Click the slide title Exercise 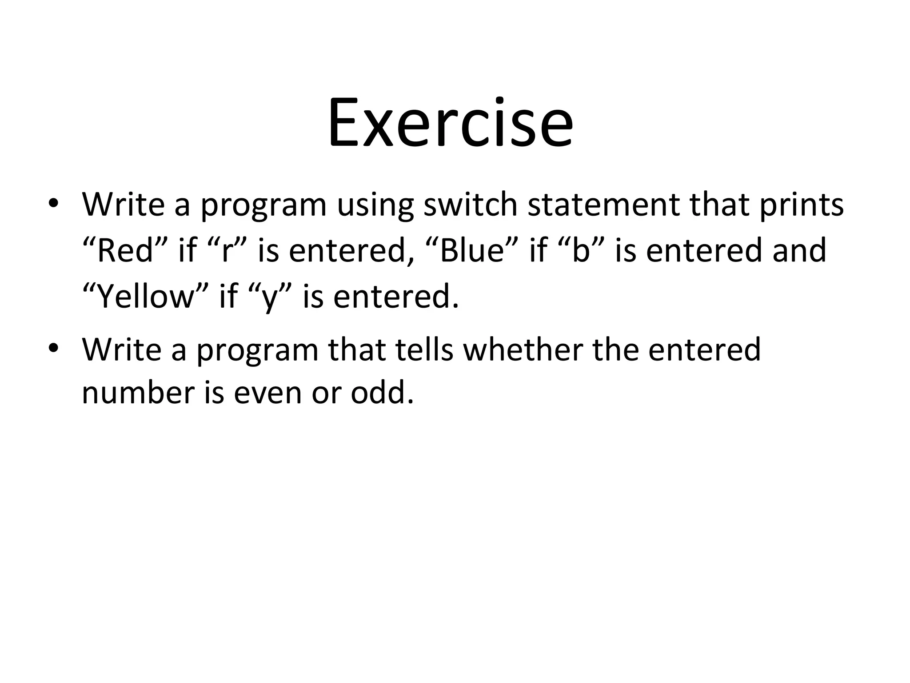click(x=451, y=123)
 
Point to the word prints click(x=801, y=205)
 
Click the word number click(x=138, y=393)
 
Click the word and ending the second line click(x=799, y=250)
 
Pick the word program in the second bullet click(x=258, y=351)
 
